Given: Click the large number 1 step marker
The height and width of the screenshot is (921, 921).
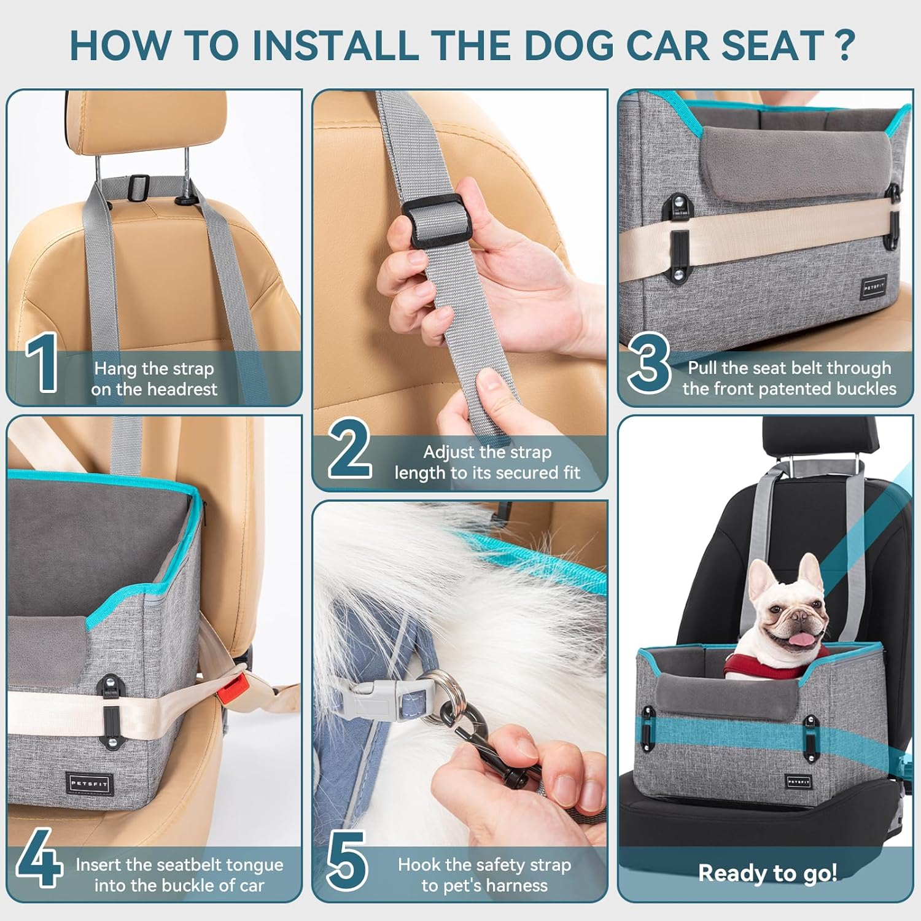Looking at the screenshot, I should pos(42,363).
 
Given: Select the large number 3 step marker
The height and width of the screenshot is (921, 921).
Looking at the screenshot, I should pos(650,363).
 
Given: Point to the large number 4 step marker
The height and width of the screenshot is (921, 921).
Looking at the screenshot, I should pos(39,858).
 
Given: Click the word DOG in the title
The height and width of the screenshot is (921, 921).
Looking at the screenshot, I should pos(569,45).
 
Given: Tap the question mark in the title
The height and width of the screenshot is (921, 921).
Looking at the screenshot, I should pos(845,45).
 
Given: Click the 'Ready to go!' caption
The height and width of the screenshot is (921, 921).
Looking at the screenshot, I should pos(767,872).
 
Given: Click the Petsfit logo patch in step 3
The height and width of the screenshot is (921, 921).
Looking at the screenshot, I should pos(873,287).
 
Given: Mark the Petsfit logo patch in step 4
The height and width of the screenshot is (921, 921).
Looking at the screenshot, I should pos(90,783).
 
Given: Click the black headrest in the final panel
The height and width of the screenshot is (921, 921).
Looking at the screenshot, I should pos(820,438).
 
